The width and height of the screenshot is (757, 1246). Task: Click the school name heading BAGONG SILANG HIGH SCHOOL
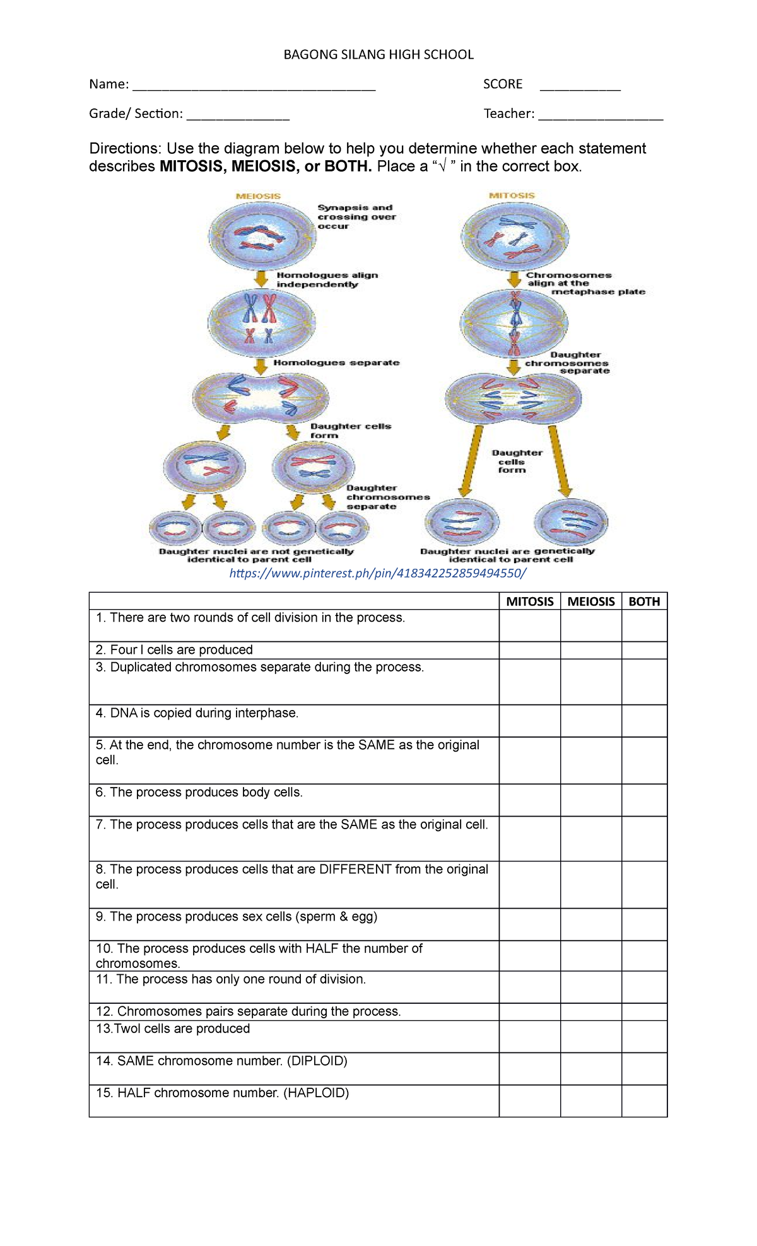(378, 55)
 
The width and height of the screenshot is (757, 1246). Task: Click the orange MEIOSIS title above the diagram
(258, 196)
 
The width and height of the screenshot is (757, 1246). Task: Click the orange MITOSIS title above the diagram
(512, 195)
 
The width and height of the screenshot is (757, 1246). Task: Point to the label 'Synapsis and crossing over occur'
(356, 216)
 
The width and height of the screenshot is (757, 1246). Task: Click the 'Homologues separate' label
(336, 363)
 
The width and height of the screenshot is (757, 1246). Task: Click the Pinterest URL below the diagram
(377, 573)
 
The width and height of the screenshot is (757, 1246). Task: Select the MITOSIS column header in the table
(530, 602)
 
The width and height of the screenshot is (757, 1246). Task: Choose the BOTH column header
(644, 602)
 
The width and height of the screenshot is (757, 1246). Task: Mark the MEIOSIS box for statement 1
(591, 626)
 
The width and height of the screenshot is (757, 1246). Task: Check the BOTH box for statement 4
(644, 721)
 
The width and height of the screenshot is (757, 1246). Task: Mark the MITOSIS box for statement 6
(530, 800)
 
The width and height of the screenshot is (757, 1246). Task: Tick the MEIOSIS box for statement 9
(591, 924)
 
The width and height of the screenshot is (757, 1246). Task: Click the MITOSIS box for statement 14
(530, 1069)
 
